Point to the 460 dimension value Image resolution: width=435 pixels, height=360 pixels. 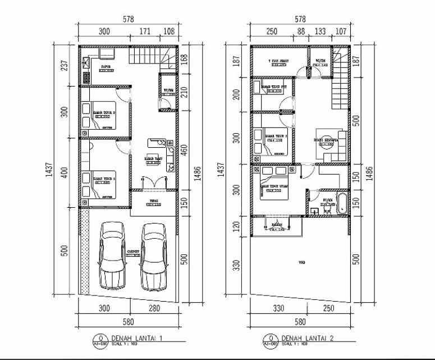point(184,151)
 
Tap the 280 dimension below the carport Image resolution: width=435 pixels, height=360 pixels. point(154,308)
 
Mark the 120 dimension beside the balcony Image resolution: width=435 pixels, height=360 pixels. point(236,226)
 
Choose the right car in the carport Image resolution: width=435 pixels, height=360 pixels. point(153,256)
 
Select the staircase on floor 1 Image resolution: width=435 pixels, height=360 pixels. point(145,56)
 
